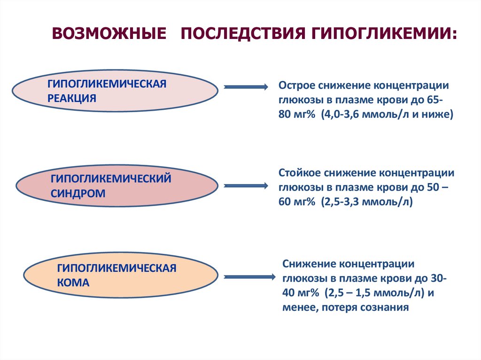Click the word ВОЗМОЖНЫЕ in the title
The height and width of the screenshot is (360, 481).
coord(109,34)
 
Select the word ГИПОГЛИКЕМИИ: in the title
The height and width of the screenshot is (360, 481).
coord(382,34)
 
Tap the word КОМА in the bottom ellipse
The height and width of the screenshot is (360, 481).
coord(73,283)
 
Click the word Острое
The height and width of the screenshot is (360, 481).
coord(296,86)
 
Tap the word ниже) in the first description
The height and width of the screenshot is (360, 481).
coord(440,115)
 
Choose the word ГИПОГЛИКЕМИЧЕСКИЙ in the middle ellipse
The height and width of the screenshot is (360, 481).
coord(110,178)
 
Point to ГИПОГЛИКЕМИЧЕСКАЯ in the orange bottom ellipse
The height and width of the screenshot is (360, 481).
coord(116,268)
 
